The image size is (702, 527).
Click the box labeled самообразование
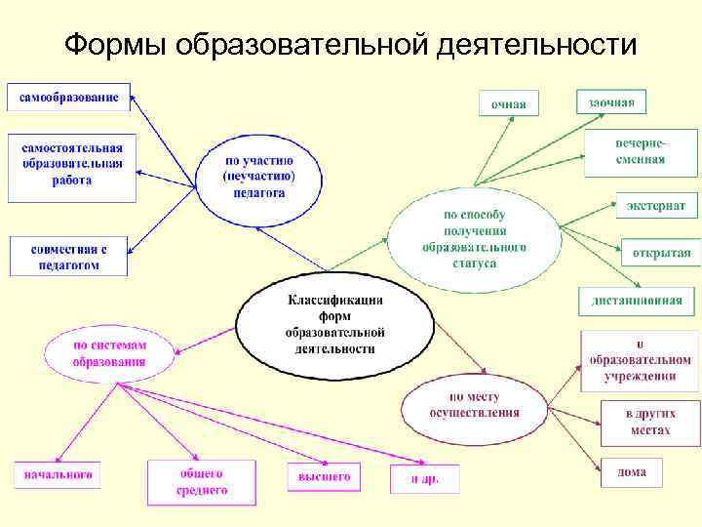coord(68,98)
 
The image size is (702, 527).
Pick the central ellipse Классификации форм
coord(334,323)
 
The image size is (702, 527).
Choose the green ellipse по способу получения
coord(474,239)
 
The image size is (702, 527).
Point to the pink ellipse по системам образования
coord(108,353)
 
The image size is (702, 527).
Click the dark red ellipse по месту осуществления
coord(474,405)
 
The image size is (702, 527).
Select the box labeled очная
coord(508,102)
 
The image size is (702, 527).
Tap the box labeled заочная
coord(611,101)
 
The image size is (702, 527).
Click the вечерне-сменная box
coord(641,152)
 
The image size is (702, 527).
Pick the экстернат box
coord(656,206)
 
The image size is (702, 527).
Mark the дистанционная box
coord(637,301)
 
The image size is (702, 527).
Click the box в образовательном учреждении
coord(640,360)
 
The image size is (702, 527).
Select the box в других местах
coord(649,422)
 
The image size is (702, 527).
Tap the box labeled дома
coord(631,472)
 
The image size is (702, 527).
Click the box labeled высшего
coord(324,477)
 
